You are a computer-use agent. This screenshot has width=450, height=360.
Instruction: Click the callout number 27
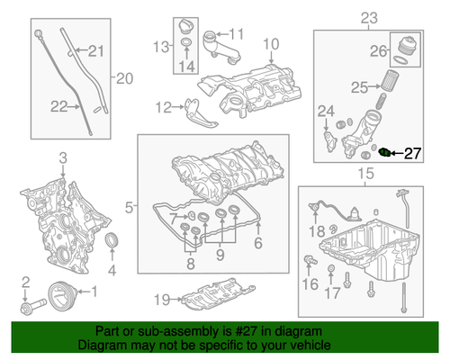[x=411, y=153]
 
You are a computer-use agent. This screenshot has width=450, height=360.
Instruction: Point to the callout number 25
[x=358, y=87]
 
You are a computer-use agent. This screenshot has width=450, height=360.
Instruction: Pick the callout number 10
[x=271, y=44]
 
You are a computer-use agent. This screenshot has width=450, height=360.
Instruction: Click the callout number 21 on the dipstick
[x=96, y=50]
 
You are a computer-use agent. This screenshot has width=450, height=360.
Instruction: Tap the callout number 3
[x=63, y=159]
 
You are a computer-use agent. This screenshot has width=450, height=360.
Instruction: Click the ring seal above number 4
[x=112, y=242]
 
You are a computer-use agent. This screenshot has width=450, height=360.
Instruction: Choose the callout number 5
[x=130, y=208]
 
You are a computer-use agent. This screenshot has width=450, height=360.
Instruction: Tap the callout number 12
[x=162, y=108]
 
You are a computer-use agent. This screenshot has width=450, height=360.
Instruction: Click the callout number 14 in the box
[x=187, y=66]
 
